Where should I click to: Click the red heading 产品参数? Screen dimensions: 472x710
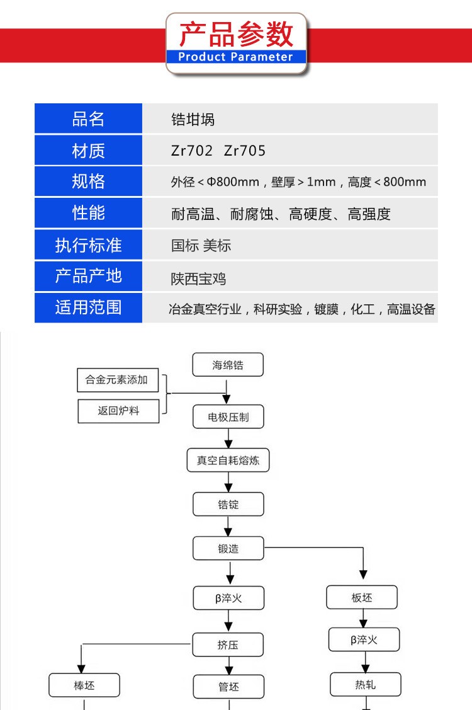236,34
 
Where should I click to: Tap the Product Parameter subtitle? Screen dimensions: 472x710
236,57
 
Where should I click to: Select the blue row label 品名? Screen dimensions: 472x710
88,118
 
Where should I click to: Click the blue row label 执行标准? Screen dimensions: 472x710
88,245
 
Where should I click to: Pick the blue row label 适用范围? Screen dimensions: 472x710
88,307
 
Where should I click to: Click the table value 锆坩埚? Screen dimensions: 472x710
193,120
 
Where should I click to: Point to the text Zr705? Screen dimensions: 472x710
245,151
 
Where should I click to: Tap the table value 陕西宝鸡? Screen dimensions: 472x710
198,278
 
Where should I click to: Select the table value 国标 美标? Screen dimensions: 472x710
201,246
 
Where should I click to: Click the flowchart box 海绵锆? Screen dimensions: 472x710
228,365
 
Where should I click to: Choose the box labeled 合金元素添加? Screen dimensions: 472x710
118,380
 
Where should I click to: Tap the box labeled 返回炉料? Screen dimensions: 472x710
118,411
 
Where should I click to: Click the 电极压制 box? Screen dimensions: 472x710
228,416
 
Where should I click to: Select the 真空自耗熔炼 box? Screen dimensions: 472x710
228,460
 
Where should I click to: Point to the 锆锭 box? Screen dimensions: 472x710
228,504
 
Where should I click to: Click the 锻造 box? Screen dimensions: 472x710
228,548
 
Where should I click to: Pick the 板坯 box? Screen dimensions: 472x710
362,597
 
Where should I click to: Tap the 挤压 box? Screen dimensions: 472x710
228,644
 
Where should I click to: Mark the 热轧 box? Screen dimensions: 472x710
365,684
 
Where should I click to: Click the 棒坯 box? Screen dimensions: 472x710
84,685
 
